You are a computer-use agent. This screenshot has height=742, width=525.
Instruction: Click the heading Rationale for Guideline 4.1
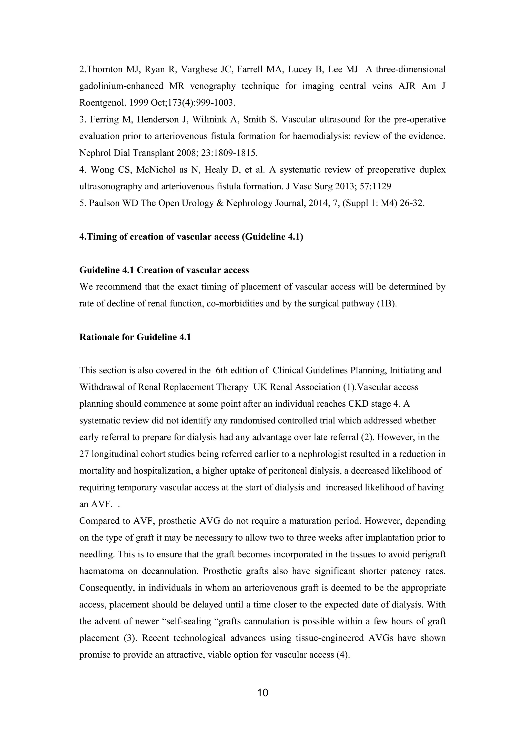[135, 337]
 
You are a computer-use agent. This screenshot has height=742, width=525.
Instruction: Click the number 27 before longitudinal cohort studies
[84, 454]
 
